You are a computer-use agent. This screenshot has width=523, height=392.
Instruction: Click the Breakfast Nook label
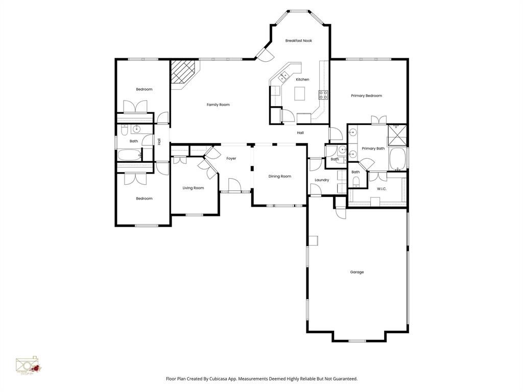[x=298, y=41]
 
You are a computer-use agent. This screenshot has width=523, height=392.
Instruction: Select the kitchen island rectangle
[x=300, y=93]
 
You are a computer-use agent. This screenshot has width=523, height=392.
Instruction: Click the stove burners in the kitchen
[x=323, y=94]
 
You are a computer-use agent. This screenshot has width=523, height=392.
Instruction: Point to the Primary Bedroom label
[x=366, y=96]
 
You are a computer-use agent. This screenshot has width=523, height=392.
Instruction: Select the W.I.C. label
[x=382, y=189]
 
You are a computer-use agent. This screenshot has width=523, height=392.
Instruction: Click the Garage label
[x=357, y=272]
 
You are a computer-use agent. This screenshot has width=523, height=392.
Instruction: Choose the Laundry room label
[x=322, y=180]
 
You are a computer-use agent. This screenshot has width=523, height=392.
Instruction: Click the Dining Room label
[x=280, y=177]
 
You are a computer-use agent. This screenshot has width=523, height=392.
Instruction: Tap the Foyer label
[x=231, y=159]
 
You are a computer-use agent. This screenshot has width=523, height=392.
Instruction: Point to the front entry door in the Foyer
[x=234, y=185]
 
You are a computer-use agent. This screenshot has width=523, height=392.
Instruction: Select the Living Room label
[x=193, y=188]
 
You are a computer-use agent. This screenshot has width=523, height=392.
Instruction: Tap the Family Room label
[x=218, y=105]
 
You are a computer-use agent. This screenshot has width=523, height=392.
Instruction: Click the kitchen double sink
[x=283, y=77]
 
